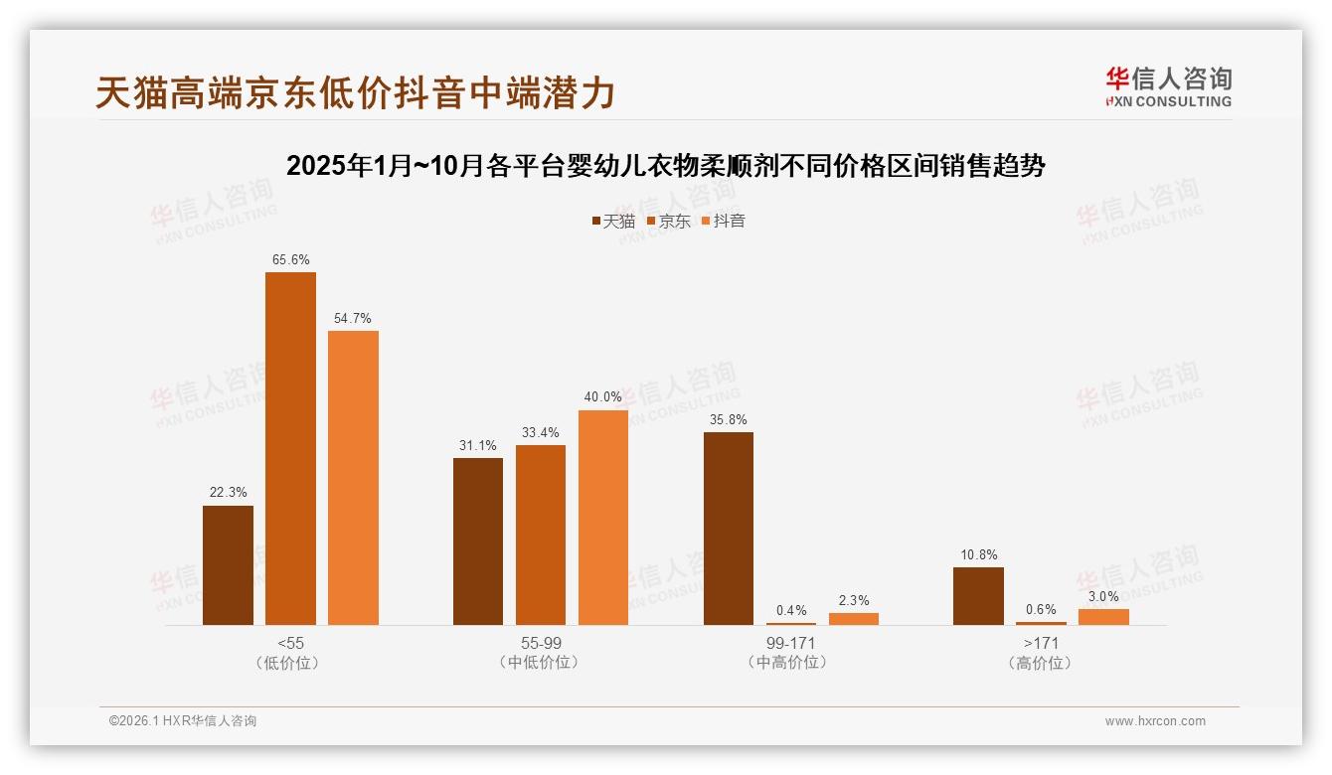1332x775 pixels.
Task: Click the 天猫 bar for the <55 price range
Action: [228, 565]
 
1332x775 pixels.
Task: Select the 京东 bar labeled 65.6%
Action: [290, 448]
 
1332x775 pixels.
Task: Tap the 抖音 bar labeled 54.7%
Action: [353, 478]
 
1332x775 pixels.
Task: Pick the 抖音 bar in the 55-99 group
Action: [603, 518]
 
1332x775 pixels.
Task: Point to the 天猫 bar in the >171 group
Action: [978, 596]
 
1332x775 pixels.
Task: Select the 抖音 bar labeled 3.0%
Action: [1103, 617]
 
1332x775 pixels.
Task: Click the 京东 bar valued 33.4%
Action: [541, 535]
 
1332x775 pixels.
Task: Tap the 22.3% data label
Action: [228, 493]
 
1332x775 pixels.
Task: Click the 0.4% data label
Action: [791, 610]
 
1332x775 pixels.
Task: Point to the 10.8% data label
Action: [978, 554]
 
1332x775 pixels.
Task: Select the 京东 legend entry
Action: [668, 222]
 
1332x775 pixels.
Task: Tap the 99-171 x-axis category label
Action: [791, 643]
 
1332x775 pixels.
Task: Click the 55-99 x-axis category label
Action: [541, 643]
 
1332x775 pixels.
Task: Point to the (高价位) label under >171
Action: [1041, 663]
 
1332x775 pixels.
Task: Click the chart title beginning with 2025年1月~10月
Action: [665, 166]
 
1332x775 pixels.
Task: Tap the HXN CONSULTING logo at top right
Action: [1168, 87]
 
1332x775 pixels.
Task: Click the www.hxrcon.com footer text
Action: [1154, 721]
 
